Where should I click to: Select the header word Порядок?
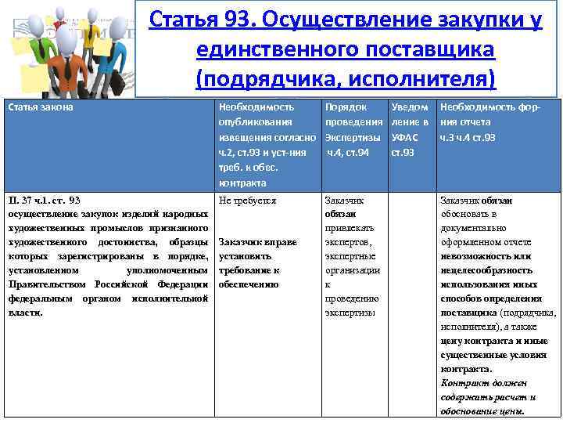pos(345,107)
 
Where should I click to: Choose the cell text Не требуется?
pos(247,201)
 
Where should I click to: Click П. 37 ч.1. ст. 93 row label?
pos(45,201)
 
